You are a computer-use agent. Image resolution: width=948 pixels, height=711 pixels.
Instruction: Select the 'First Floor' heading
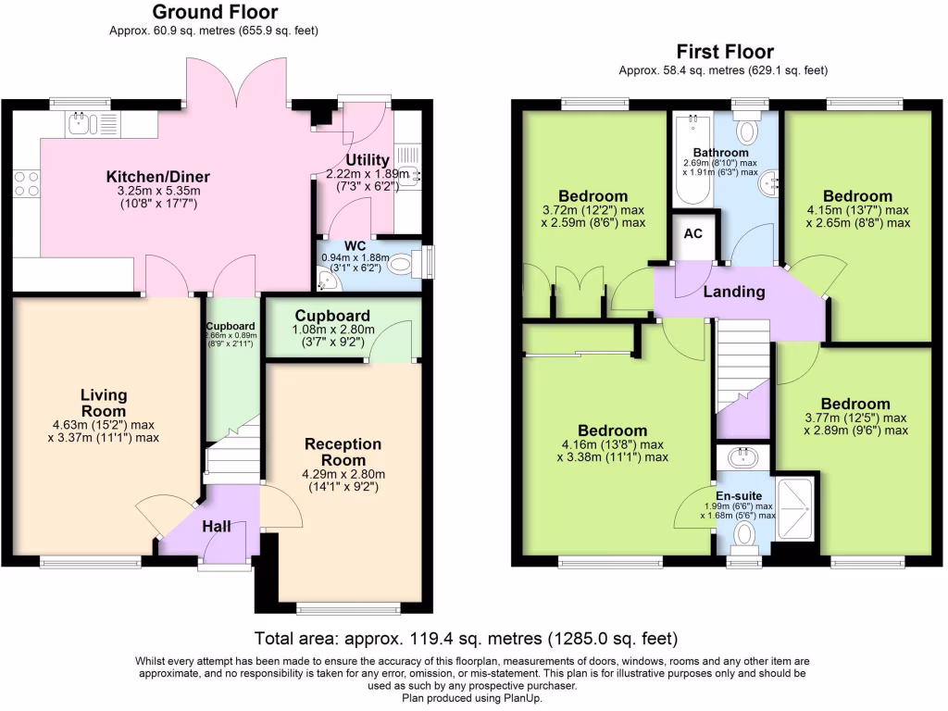pos(724,52)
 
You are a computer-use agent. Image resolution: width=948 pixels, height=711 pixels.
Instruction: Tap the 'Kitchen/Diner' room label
pos(157,177)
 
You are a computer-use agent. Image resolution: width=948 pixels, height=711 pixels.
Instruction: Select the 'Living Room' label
pos(104,404)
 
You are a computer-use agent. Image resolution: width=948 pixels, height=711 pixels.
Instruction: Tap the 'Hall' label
pos(216,527)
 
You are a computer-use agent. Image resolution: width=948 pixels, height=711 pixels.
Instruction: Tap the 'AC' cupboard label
pos(692,233)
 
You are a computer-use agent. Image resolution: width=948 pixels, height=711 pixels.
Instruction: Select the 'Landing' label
pos(734,292)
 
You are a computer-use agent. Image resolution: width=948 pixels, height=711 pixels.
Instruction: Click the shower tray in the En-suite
pos(795,509)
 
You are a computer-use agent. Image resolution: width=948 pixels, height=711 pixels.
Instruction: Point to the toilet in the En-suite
pos(744,535)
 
